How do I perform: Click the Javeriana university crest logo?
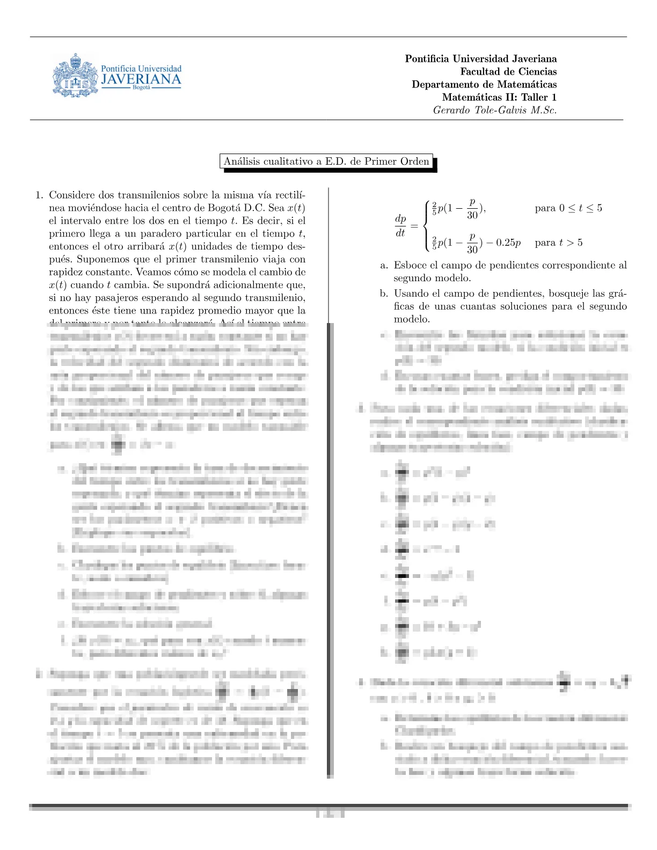click(75, 76)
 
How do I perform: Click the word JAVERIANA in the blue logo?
click(142, 79)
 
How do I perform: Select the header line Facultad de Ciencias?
click(508, 71)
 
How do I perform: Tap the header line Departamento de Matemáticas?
click(484, 84)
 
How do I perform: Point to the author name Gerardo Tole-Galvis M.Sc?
click(494, 110)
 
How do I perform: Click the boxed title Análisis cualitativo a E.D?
click(326, 162)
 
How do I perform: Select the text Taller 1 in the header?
click(539, 97)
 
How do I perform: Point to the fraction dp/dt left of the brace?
click(400, 225)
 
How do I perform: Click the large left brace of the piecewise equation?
click(426, 225)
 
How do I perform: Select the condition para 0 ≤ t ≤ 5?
click(568, 208)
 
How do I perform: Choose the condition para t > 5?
click(558, 243)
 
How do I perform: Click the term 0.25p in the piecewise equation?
click(508, 243)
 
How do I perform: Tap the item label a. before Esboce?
click(384, 265)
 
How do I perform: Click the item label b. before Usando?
click(384, 294)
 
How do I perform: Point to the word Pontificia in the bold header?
click(427, 58)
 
